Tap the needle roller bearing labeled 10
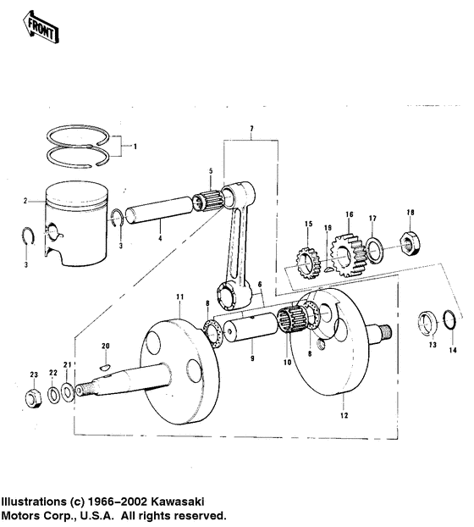291,325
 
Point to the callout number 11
179,295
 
